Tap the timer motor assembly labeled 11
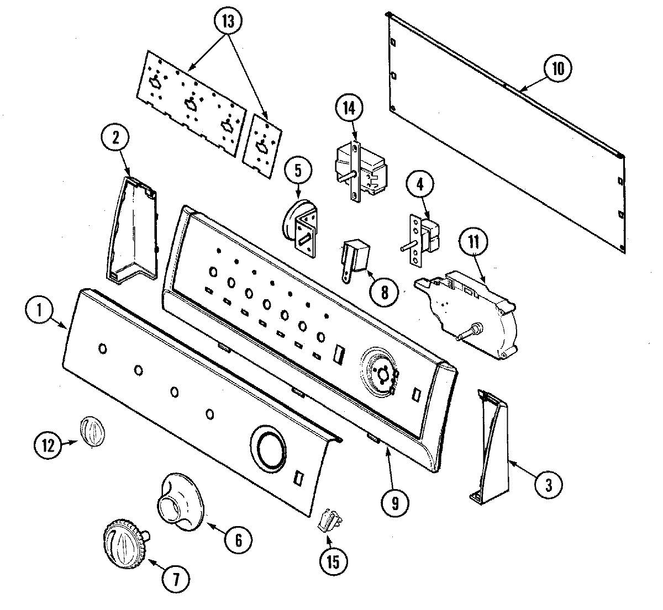click(470, 309)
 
